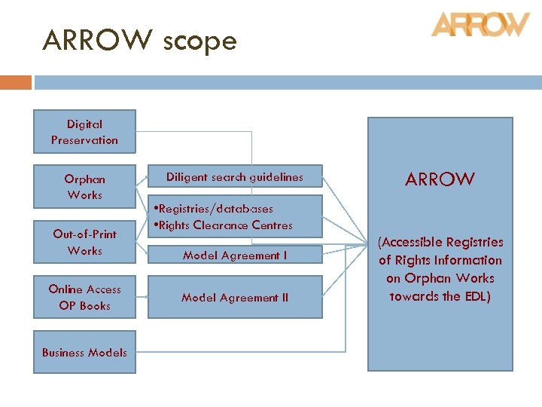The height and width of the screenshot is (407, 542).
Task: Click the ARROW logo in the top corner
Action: (x=480, y=24)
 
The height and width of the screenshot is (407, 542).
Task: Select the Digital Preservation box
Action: (x=84, y=132)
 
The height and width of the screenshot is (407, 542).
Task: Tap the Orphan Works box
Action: (x=84, y=187)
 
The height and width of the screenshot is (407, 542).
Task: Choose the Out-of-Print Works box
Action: (x=84, y=242)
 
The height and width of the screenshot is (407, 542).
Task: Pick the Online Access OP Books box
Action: (x=84, y=297)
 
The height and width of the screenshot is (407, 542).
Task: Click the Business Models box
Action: (x=84, y=352)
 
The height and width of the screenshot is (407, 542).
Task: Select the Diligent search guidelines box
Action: (x=235, y=177)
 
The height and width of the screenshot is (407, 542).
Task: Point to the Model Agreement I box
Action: (x=235, y=256)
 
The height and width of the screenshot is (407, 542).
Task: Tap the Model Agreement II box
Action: (x=235, y=298)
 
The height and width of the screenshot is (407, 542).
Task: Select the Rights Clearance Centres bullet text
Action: (x=224, y=225)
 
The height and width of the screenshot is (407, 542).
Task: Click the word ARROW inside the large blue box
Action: (x=440, y=179)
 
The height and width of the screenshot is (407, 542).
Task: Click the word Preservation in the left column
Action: (x=84, y=140)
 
